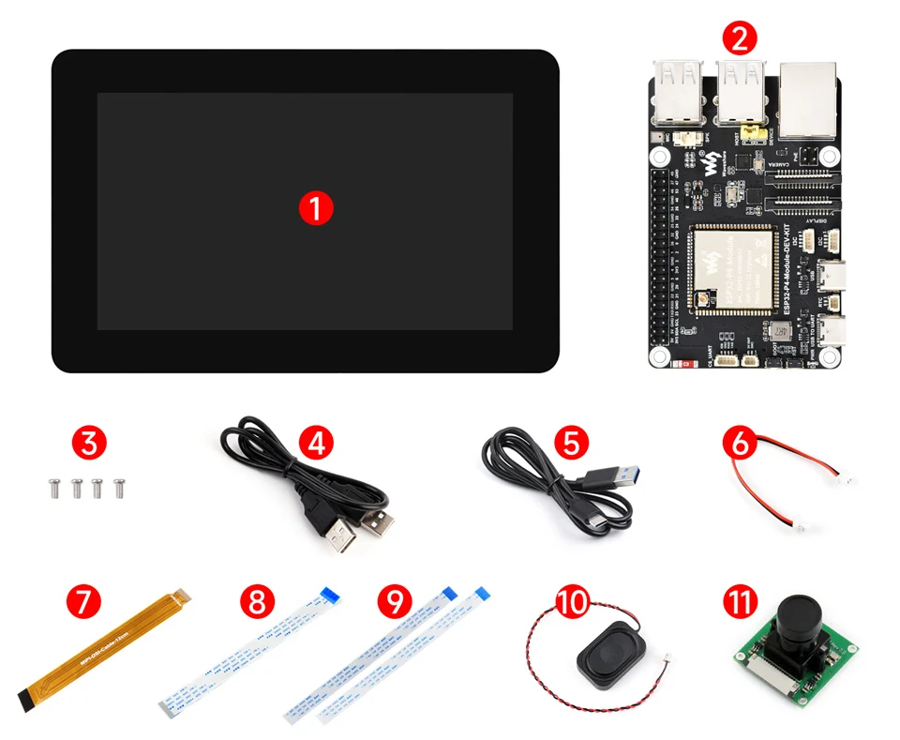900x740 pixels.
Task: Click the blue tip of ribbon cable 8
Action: [x=329, y=593]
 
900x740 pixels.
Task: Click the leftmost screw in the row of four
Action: [x=52, y=487]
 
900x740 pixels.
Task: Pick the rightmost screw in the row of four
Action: [x=119, y=487]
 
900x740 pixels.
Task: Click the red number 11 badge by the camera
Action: [x=741, y=601]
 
